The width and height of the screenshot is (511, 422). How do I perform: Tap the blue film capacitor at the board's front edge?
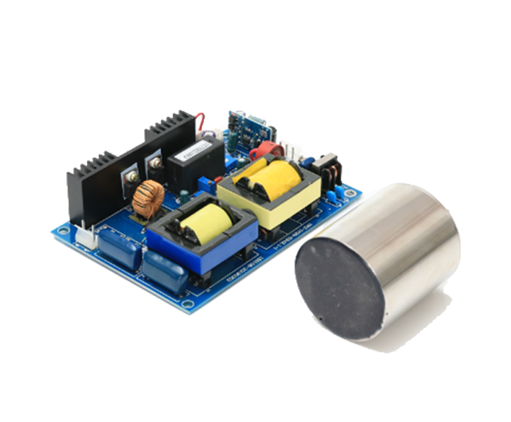click(x=164, y=273)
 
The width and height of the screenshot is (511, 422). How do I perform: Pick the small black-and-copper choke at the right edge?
click(x=330, y=171)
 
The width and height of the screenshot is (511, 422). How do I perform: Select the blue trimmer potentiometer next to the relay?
click(x=204, y=186)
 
